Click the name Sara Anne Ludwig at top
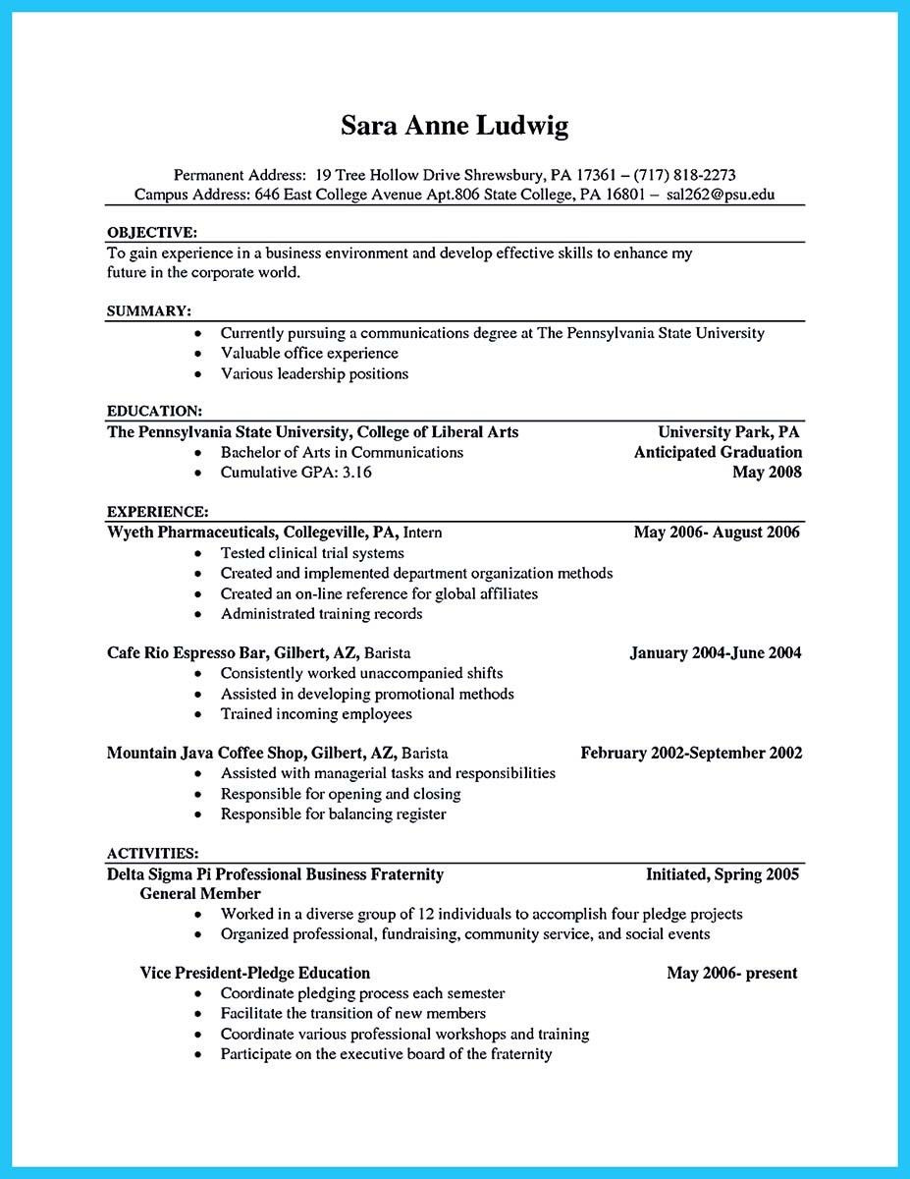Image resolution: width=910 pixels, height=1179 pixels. point(455,127)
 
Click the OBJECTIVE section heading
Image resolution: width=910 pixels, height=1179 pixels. point(151,233)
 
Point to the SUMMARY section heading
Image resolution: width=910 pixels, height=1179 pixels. point(148,311)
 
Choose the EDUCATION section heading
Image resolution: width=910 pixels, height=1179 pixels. point(154,411)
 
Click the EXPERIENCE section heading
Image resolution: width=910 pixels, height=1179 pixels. point(157,512)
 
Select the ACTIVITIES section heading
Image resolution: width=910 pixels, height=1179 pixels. point(152,853)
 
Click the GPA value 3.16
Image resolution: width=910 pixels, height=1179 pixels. point(356,473)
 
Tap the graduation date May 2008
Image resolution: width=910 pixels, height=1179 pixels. point(767,473)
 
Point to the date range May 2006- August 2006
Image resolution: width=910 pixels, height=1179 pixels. point(717,533)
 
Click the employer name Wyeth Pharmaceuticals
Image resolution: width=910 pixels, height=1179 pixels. point(190,533)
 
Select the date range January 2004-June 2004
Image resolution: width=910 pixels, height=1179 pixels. point(716,652)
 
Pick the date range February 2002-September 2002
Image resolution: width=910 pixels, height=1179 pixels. point(691,754)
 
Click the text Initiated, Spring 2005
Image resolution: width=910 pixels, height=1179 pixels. point(722,873)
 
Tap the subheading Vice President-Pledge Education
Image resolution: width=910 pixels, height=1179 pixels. point(255,973)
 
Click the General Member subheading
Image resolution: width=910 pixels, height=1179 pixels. point(200,894)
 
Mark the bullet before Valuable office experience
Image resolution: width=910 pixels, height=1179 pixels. point(198,354)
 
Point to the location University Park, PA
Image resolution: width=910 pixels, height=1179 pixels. point(728,432)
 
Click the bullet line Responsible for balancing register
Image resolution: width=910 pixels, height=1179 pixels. point(333,814)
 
